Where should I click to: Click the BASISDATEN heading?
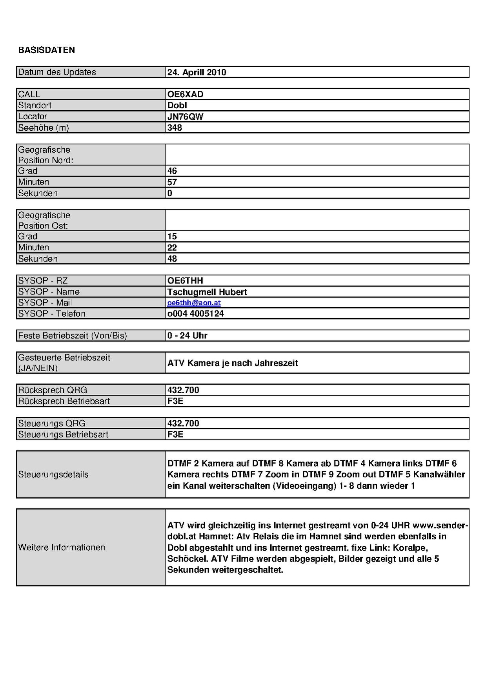coord(46,50)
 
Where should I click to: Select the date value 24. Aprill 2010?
coord(197,72)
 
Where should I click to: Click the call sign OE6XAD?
coord(185,94)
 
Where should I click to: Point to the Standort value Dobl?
coord(177,105)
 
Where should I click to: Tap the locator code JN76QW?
coord(185,117)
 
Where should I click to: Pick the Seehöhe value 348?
coord(175,128)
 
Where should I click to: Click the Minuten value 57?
coord(172,182)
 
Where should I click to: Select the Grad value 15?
coord(172,236)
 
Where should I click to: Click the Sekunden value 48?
coord(172,259)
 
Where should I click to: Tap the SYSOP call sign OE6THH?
coord(185,281)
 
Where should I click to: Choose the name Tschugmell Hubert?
coord(207,292)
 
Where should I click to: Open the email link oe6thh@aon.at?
coord(194,303)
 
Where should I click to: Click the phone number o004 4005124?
coord(196,314)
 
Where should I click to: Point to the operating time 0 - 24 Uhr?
coord(187,336)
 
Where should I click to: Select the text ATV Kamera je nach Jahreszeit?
coord(233,363)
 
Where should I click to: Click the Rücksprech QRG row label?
coord(53,390)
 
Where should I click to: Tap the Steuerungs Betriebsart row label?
coord(63,434)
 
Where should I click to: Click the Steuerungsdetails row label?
coord(53,474)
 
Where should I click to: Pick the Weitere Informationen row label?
coord(62,547)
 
